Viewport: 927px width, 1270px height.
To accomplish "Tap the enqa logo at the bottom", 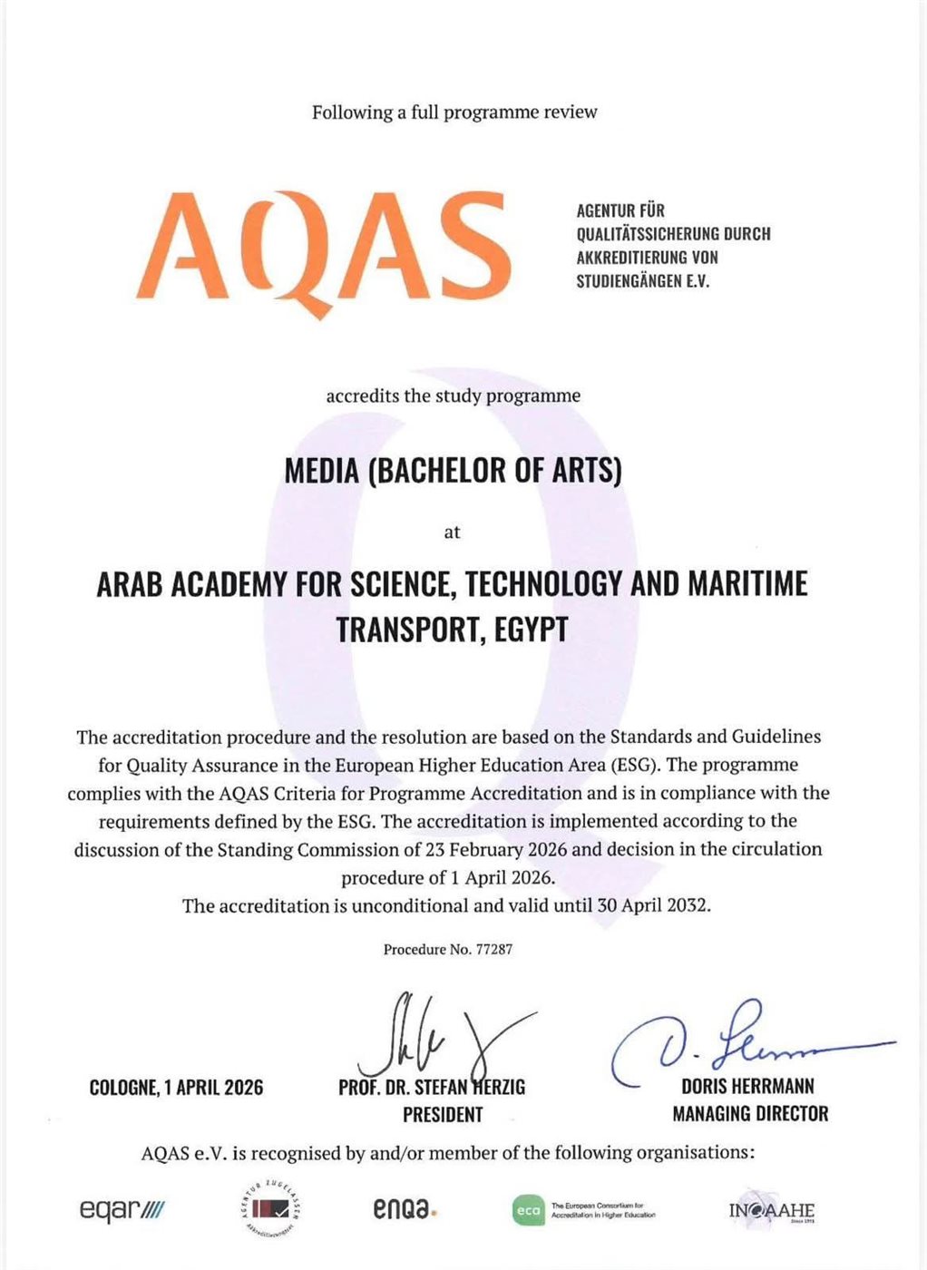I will [x=405, y=1209].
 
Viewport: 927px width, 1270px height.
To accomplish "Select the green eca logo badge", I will [x=527, y=1211].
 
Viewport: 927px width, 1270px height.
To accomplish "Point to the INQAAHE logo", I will [x=771, y=1211].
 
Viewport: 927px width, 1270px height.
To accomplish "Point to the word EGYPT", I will [x=531, y=629].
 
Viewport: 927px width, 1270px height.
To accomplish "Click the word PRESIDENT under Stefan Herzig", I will [x=443, y=1114].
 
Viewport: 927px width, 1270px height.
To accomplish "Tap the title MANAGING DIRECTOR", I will [x=750, y=1113].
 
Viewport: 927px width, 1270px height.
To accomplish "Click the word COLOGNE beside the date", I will [x=121, y=1087].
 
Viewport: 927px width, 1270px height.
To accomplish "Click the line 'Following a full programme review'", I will [x=454, y=112].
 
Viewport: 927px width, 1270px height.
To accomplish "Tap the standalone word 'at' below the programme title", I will [x=452, y=532].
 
